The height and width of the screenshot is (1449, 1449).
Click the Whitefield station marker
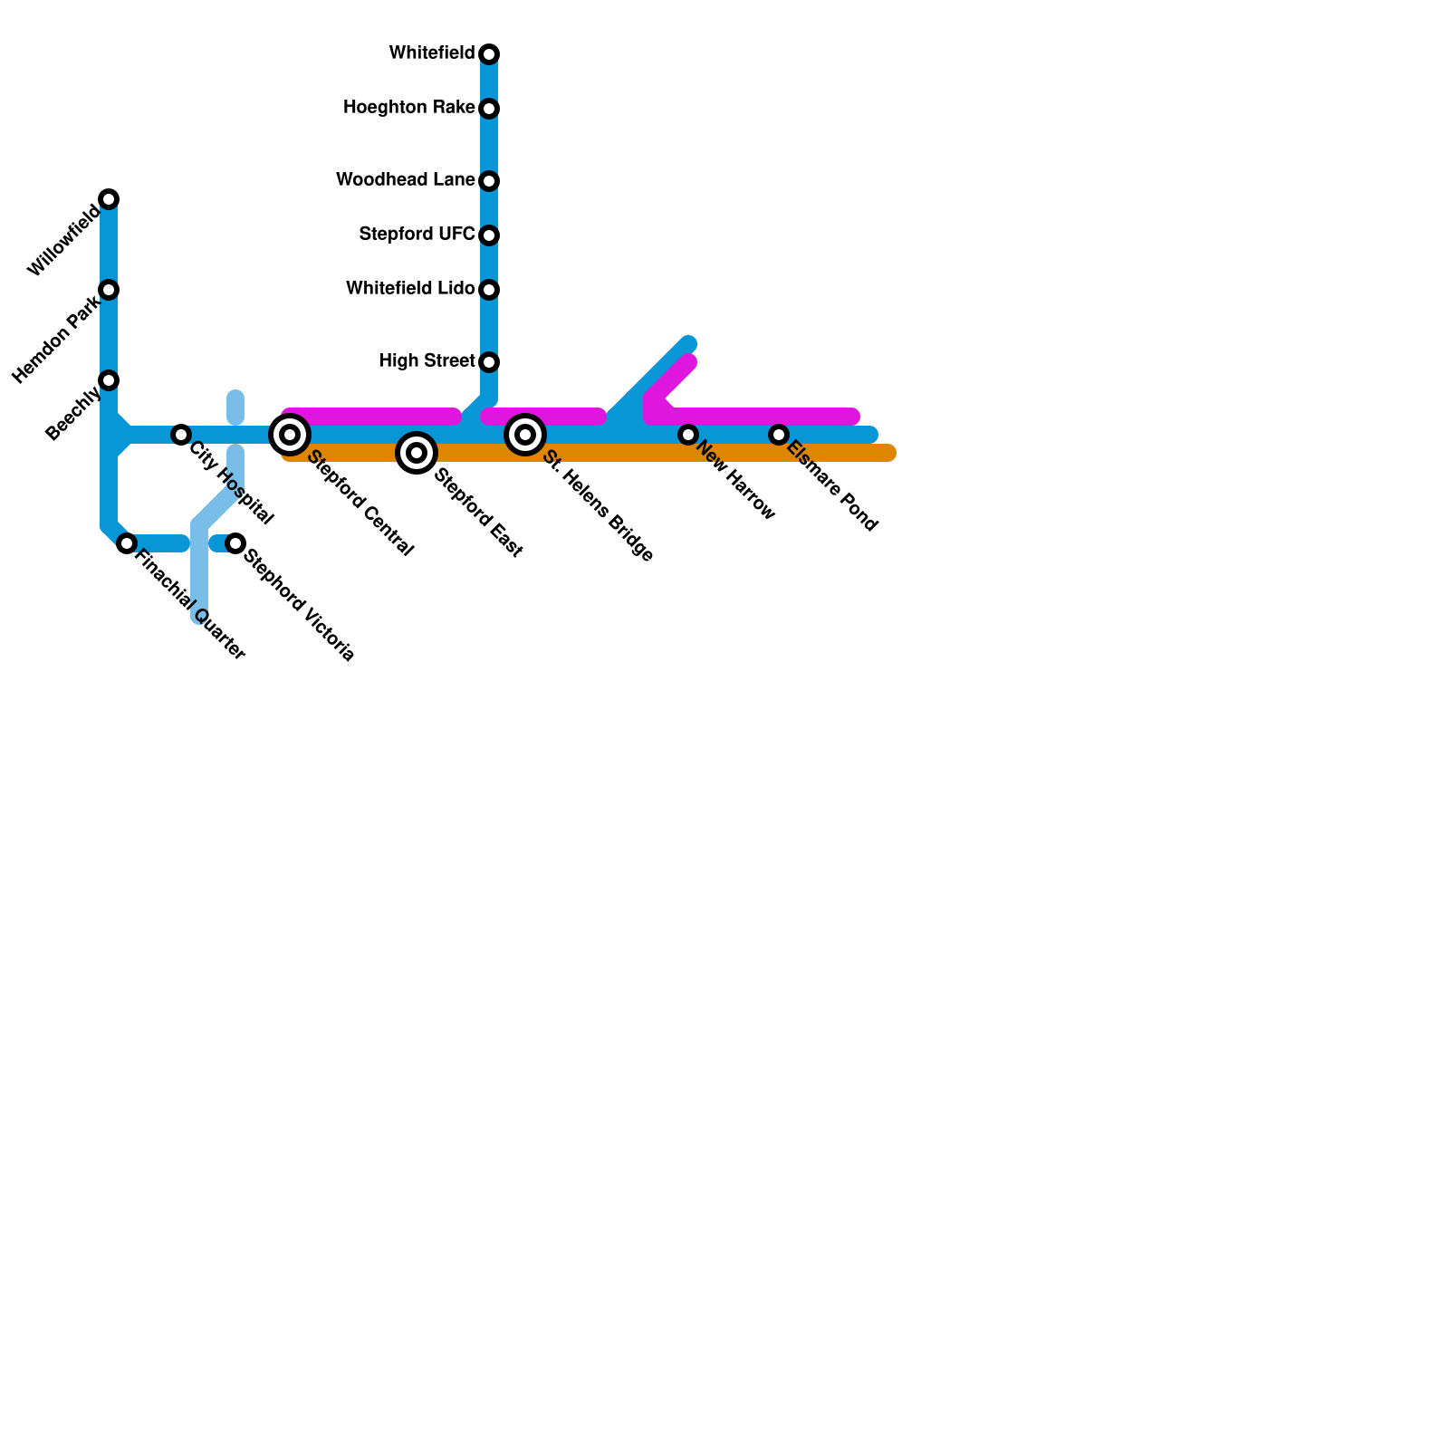click(x=489, y=54)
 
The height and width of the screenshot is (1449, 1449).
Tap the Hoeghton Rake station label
click(x=408, y=108)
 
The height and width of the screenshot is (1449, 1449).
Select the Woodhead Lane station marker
click(x=489, y=181)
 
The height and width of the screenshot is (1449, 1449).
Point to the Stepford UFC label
click(x=417, y=235)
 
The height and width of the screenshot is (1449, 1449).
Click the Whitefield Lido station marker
click(x=489, y=290)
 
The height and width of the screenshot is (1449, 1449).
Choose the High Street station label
click(x=427, y=361)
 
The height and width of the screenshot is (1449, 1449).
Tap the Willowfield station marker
click(x=109, y=199)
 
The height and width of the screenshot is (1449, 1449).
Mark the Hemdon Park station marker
click(x=109, y=290)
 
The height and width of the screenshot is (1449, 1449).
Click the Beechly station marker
click(x=109, y=380)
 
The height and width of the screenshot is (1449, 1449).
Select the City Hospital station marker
click(x=181, y=435)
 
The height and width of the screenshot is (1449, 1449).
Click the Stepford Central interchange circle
click(x=290, y=435)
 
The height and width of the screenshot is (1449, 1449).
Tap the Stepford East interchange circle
click(x=417, y=453)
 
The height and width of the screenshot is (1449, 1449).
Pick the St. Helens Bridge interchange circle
click(x=525, y=435)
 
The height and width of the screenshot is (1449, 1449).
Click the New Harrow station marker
click(x=688, y=435)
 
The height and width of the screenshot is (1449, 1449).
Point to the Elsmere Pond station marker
click(x=779, y=435)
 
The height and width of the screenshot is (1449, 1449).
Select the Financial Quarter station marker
click(x=127, y=543)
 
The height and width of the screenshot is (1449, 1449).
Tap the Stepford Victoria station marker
click(x=235, y=543)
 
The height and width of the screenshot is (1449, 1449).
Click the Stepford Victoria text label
click(x=299, y=605)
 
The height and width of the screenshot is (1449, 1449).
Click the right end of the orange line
click(x=890, y=453)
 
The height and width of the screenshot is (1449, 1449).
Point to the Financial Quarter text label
click(x=189, y=604)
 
